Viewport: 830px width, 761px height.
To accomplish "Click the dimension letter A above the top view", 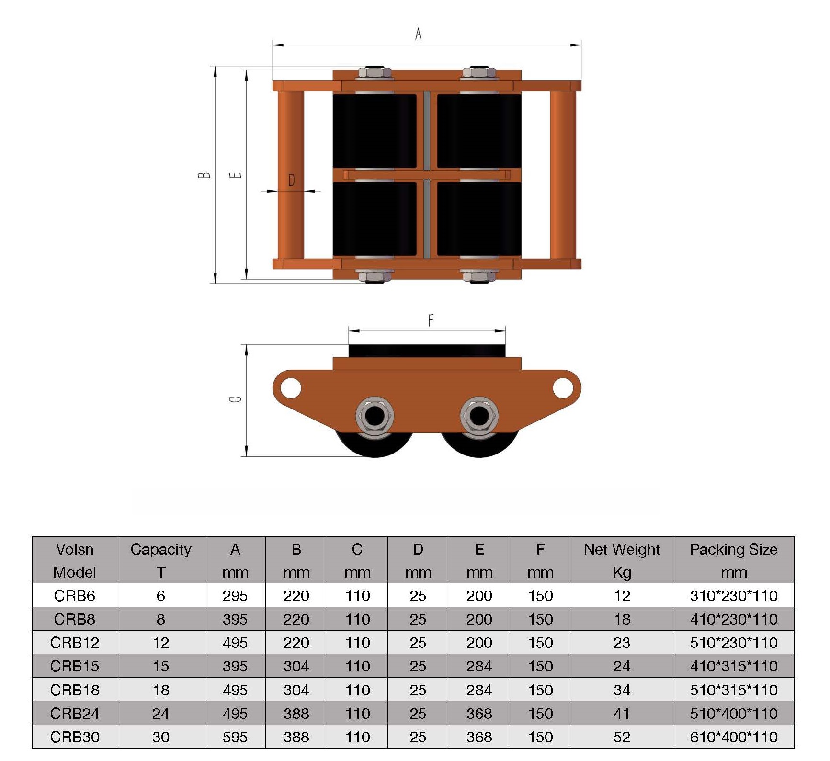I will point(418,34).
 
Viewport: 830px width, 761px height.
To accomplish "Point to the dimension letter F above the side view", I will point(431,320).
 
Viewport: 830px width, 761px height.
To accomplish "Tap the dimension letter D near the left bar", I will point(291,180).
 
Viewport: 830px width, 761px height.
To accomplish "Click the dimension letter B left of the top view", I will point(204,175).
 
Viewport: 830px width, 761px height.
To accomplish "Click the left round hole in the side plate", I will point(290,387).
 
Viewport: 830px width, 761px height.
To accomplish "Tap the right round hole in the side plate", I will point(563,387).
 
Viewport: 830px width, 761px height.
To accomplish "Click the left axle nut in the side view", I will point(375,416).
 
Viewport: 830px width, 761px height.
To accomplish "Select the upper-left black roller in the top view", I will point(375,131).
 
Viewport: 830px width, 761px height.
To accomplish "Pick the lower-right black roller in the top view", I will point(479,218).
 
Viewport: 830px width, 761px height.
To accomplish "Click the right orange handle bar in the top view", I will point(563,175).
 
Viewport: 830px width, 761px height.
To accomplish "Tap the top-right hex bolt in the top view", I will point(479,73).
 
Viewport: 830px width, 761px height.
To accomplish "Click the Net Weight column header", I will point(622,560).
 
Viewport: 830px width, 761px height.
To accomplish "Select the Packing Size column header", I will point(733,560).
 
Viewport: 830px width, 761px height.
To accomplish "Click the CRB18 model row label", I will point(75,690).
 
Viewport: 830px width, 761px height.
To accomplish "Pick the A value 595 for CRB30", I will point(235,737).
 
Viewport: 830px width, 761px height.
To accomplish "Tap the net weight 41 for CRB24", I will point(622,713).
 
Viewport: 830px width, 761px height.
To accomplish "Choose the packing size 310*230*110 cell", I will point(733,595).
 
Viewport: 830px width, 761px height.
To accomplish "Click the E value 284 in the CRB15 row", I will point(479,666).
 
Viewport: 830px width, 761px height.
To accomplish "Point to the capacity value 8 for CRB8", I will point(161,619).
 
